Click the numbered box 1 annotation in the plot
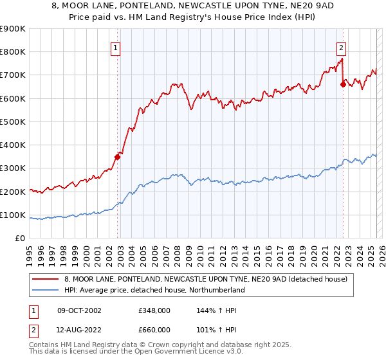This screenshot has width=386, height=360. tap(115, 48)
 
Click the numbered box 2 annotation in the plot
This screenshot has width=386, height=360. tap(340, 48)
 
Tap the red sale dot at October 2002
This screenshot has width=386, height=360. tap(118, 156)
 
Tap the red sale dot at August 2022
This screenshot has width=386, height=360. tap(343, 84)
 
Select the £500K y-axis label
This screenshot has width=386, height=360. tap(13, 122)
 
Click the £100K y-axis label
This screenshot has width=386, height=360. tap(13, 215)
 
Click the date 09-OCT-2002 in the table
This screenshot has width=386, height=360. tap(78, 310)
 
